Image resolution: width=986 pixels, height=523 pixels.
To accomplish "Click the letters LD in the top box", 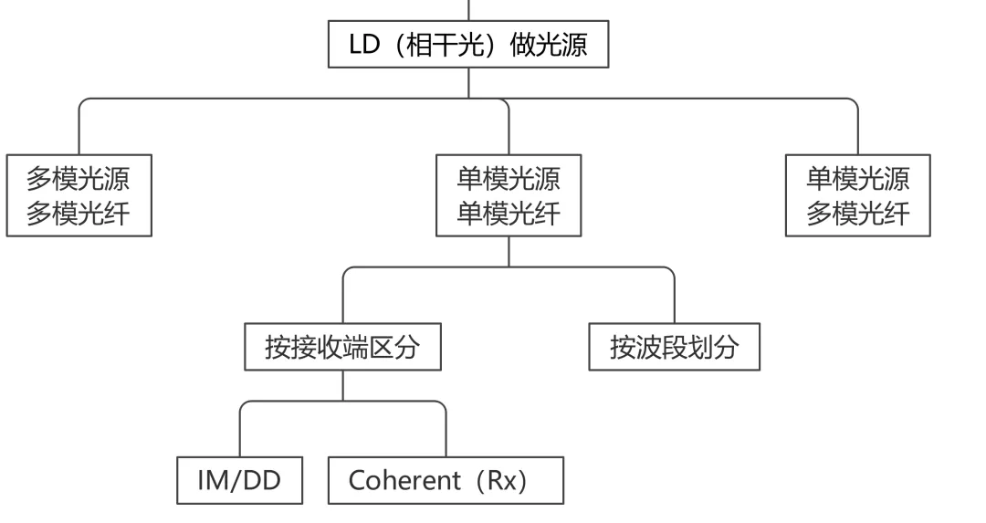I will tap(363, 45).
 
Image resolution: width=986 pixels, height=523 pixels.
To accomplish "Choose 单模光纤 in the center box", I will tap(508, 214).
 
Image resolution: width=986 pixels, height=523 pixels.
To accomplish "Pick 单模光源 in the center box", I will tap(508, 177).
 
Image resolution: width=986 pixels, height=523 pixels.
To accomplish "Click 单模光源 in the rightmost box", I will tap(857, 177).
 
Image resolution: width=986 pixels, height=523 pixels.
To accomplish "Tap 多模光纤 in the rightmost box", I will tap(857, 214).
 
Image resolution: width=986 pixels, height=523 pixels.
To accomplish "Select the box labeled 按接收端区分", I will tap(342, 348).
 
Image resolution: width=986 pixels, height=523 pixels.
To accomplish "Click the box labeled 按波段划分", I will tap(674, 348).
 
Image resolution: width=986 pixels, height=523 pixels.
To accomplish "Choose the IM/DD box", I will tap(239, 481).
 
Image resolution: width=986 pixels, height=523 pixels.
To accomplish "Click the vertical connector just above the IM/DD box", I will tap(239, 434).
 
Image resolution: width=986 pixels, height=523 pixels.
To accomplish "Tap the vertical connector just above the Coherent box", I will tap(446, 434).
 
